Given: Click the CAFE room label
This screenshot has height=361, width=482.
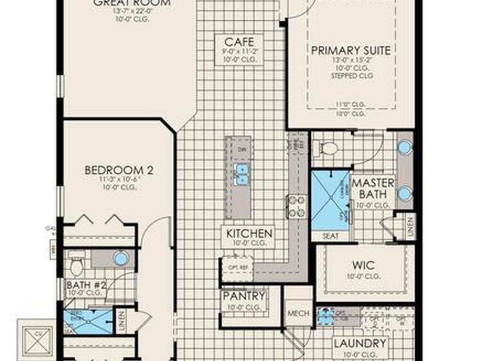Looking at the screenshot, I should pyautogui.click(x=236, y=41).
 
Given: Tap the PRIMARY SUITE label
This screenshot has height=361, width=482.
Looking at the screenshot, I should pyautogui.click(x=351, y=50).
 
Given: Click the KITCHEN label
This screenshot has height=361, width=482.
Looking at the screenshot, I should pyautogui.click(x=249, y=233).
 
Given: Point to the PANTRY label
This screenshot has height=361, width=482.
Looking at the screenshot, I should pyautogui.click(x=243, y=296).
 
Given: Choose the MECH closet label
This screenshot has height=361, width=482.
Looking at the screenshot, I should pyautogui.click(x=298, y=313).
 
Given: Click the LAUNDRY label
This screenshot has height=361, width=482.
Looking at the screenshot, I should pyautogui.click(x=360, y=344).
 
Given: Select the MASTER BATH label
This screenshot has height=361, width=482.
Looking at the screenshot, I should pyautogui.click(x=373, y=188).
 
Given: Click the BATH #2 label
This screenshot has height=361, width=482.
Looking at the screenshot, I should pyautogui.click(x=86, y=285).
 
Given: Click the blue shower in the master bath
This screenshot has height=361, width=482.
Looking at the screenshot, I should pyautogui.click(x=330, y=200).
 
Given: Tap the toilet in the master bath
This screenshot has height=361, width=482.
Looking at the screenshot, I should pyautogui.click(x=329, y=149).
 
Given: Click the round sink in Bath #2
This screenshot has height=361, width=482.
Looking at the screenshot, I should pyautogui.click(x=121, y=258).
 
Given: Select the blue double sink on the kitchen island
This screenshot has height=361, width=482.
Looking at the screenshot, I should pyautogui.click(x=242, y=174).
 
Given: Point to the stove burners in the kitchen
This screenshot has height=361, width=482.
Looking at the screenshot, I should pyautogui.click(x=297, y=206).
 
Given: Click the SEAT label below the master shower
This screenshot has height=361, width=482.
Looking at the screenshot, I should pyautogui.click(x=330, y=236).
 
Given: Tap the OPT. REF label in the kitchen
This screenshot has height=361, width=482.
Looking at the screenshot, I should pyautogui.click(x=232, y=267).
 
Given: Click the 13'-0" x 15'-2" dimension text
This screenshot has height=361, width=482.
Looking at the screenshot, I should pyautogui.click(x=351, y=61).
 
